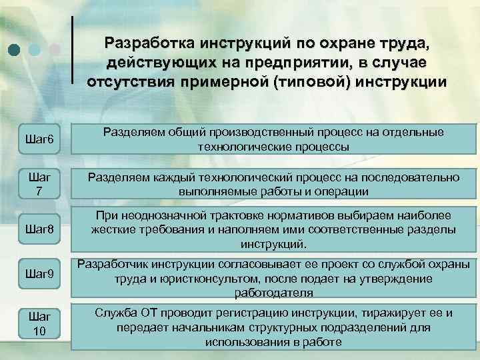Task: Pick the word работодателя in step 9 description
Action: pos(273,293)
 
